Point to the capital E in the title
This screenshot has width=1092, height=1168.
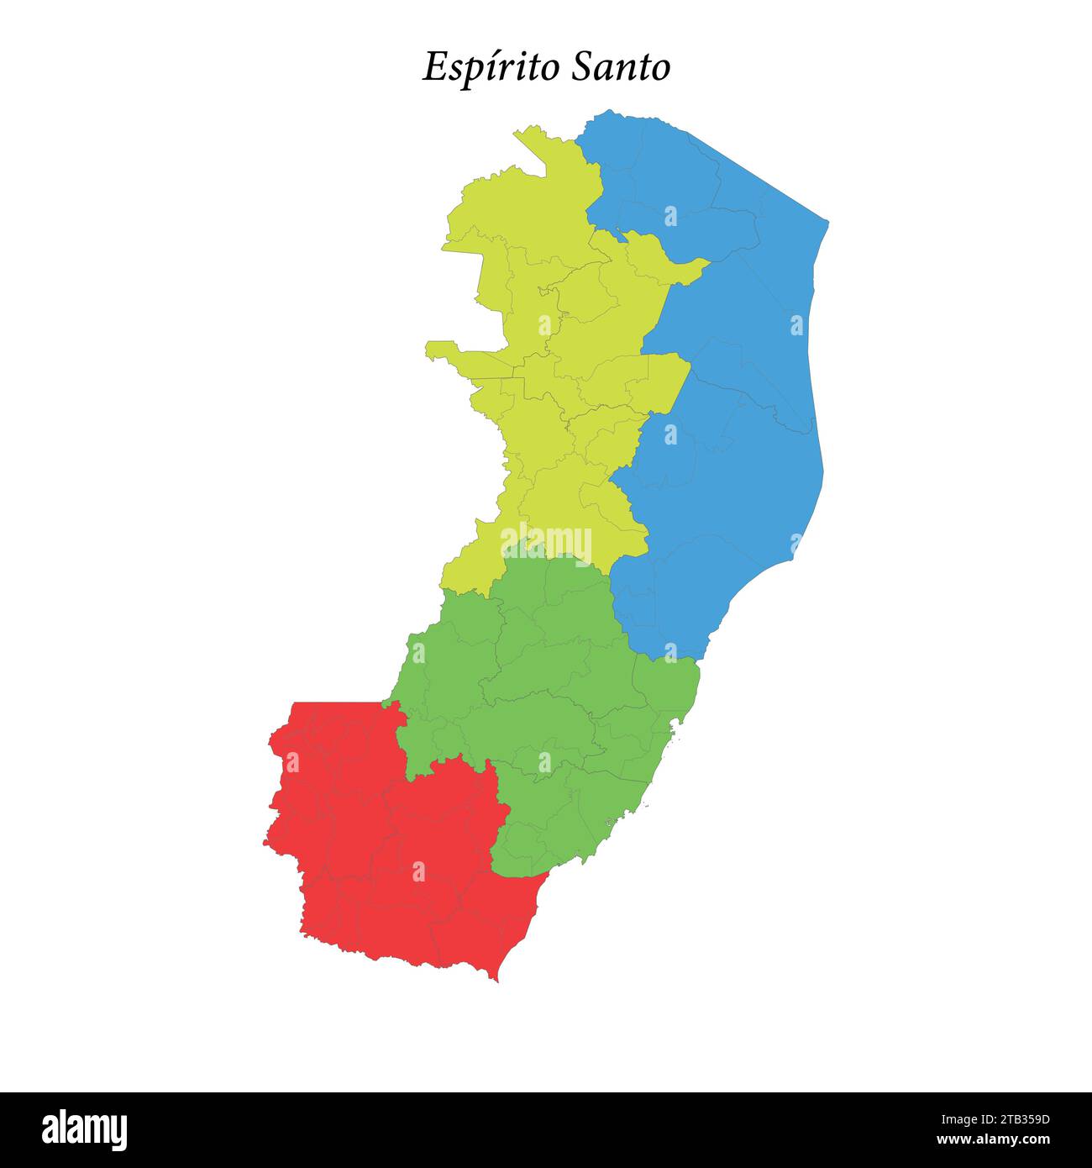(434, 67)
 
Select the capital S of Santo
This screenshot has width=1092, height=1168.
(581, 67)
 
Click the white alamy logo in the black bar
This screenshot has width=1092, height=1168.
(84, 1130)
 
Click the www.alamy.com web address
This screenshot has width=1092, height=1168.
(993, 1140)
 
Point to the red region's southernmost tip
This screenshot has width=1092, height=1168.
(497, 979)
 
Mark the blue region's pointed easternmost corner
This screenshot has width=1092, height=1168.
(827, 224)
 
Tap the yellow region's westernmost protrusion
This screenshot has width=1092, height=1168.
(430, 347)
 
